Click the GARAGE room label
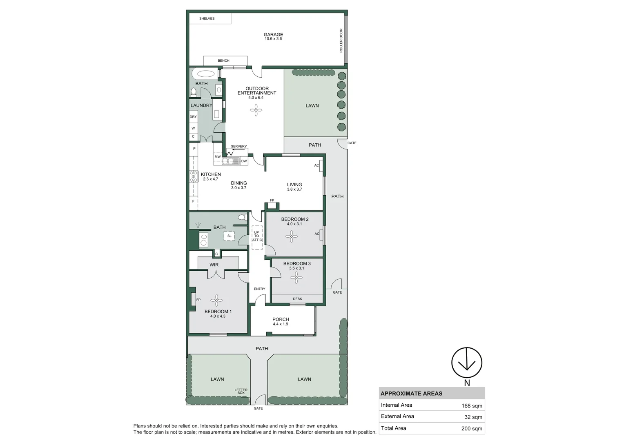[273, 35]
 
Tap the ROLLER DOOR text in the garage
[341, 40]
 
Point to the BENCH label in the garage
[223, 60]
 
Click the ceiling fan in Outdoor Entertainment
[256, 110]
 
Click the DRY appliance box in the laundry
[193, 117]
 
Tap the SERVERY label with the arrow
[238, 146]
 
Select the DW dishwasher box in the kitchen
[244, 161]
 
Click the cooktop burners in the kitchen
[194, 176]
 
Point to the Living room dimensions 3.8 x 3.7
[294, 189]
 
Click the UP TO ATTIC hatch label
[256, 236]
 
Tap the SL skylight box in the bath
[229, 236]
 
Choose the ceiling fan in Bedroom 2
[292, 236]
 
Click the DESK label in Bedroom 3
[297, 299]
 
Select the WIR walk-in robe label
[214, 265]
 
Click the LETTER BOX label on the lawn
[241, 391]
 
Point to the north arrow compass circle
[467, 363]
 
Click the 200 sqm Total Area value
[472, 428]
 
